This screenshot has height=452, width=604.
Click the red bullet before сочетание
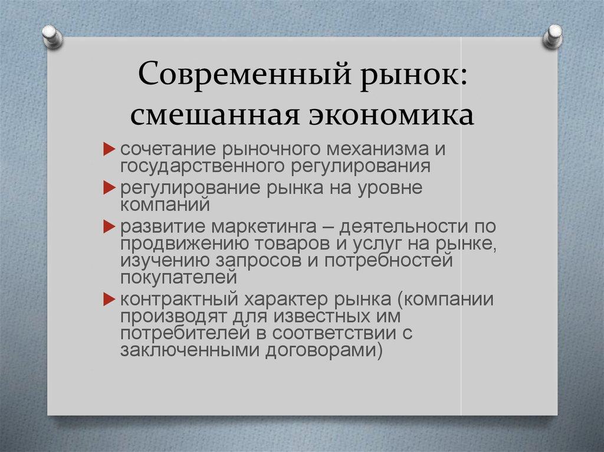pos(109,149)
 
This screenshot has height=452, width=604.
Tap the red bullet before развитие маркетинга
pos(109,226)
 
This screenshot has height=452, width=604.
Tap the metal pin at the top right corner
pos(553,36)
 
